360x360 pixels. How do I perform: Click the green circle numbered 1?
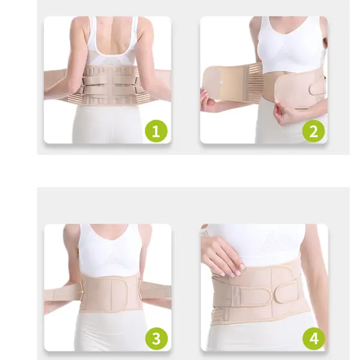pyautogui.click(x=156, y=131)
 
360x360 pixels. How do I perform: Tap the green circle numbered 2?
pyautogui.click(x=313, y=131)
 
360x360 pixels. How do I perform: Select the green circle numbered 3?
pyautogui.click(x=156, y=339)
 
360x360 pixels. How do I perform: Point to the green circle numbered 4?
pyautogui.click(x=314, y=339)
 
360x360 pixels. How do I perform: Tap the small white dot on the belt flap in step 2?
pyautogui.click(x=222, y=82)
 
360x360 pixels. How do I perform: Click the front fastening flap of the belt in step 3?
pyautogui.click(x=119, y=294)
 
